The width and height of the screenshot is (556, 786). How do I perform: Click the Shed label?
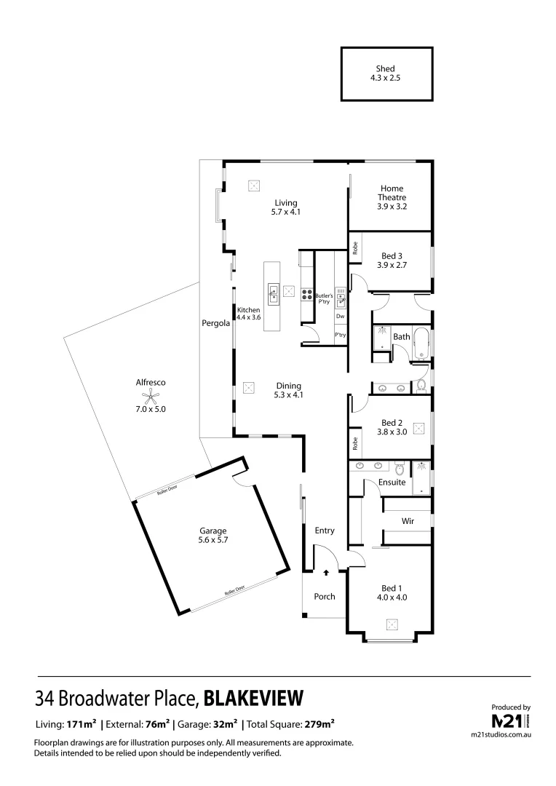tap(386, 69)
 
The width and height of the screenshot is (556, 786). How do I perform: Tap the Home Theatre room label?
tap(392, 193)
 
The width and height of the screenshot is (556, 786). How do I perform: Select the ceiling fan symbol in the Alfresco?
tap(151, 397)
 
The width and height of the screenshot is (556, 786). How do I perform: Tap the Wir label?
tap(408, 521)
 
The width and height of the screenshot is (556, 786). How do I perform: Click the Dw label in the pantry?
tap(340, 317)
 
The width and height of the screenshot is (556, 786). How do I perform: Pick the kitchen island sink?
tap(274, 293)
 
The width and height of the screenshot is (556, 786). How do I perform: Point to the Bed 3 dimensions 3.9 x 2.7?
tap(392, 266)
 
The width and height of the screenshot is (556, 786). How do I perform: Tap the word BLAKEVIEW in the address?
tap(253, 699)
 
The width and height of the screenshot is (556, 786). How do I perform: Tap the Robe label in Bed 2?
tap(355, 442)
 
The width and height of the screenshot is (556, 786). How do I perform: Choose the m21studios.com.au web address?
tap(501, 736)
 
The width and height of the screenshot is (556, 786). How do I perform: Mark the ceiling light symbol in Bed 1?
tap(392, 624)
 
